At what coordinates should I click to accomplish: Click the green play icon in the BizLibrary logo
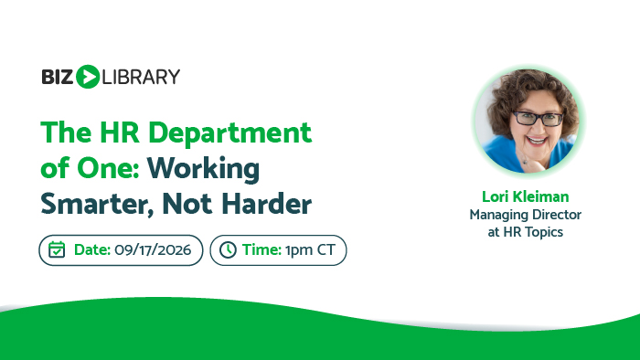[88, 77]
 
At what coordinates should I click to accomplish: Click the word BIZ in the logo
[57, 77]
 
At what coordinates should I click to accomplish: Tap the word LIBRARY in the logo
[141, 77]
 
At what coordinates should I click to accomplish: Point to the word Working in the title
[203, 169]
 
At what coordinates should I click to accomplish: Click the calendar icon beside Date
[57, 249]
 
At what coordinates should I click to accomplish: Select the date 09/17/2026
[153, 249]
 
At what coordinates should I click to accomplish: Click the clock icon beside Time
[228, 250]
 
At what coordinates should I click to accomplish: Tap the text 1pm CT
[310, 250]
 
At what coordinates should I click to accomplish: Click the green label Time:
[261, 249]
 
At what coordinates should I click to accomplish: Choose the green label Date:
[92, 249]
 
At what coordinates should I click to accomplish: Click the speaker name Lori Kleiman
[526, 196]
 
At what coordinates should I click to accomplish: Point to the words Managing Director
[526, 215]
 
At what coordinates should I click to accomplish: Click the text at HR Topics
[526, 232]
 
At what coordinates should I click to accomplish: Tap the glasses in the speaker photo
[538, 119]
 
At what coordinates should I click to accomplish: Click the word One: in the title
[109, 168]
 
